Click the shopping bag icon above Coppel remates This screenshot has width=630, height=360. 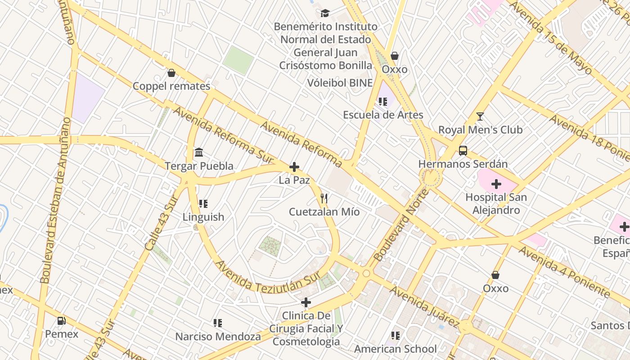(x=171, y=73)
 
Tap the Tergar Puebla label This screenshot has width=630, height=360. (x=199, y=166)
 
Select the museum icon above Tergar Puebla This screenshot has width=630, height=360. (x=199, y=153)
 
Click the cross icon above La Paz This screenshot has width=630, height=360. (x=294, y=167)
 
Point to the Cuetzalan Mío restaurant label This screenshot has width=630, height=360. (x=324, y=211)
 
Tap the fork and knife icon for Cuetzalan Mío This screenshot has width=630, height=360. (x=324, y=198)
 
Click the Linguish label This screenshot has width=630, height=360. (x=203, y=217)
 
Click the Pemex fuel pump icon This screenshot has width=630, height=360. (x=61, y=321)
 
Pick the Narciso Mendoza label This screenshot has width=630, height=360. (x=218, y=337)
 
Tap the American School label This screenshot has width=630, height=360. (x=395, y=349)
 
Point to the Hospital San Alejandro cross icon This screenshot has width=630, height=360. (x=496, y=184)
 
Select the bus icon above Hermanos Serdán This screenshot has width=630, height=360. (x=463, y=150)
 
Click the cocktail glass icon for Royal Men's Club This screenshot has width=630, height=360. (x=480, y=117)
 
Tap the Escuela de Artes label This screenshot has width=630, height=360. (x=383, y=115)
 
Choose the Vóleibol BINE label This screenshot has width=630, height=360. (x=340, y=83)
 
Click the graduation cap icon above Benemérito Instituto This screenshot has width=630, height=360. (x=325, y=13)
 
